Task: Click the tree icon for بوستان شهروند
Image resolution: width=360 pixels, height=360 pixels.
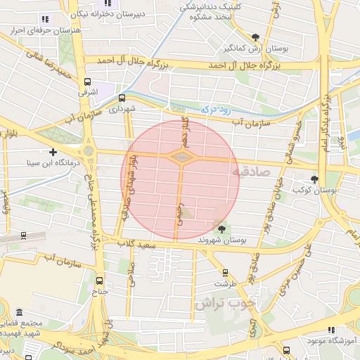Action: click(223, 229)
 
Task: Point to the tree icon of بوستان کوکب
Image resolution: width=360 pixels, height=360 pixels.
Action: click(314, 179)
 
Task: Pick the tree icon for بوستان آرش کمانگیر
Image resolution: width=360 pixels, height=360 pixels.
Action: click(255, 37)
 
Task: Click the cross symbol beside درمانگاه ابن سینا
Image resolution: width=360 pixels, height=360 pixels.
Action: click(53, 151)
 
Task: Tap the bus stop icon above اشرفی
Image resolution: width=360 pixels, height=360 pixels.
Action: click(86, 81)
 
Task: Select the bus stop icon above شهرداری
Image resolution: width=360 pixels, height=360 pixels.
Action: click(122, 98)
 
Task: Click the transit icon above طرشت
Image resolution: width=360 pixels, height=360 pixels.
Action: click(225, 273)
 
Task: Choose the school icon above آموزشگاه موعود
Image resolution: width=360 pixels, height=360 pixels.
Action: click(331, 330)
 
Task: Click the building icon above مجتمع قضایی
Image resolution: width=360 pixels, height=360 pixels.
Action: click(18, 312)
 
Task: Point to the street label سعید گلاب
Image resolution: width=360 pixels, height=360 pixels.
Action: click(137, 244)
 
